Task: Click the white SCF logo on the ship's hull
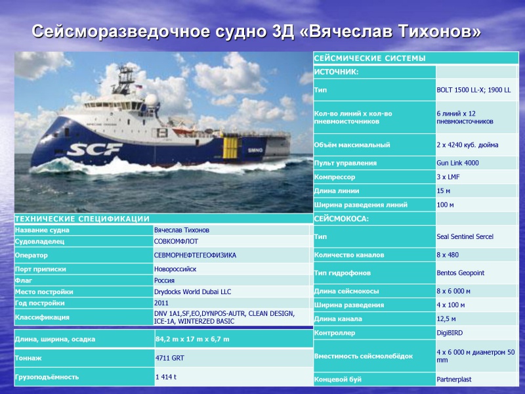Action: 94,149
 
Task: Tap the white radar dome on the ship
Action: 151,100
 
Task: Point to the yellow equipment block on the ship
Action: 230,148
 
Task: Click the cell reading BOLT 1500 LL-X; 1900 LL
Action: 473,90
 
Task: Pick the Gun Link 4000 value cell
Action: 457,163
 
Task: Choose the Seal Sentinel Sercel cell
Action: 465,236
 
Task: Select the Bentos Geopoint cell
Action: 460,273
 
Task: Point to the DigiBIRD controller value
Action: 450,333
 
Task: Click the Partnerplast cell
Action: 453,380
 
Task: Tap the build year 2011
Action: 161,303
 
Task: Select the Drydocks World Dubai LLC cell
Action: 192,292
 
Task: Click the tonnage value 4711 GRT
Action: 169,358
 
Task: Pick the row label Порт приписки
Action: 41,269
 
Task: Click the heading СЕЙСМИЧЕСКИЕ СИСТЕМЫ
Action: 369,58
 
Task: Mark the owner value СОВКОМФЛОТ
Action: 176,241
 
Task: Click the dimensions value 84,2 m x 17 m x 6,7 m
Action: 192,339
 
